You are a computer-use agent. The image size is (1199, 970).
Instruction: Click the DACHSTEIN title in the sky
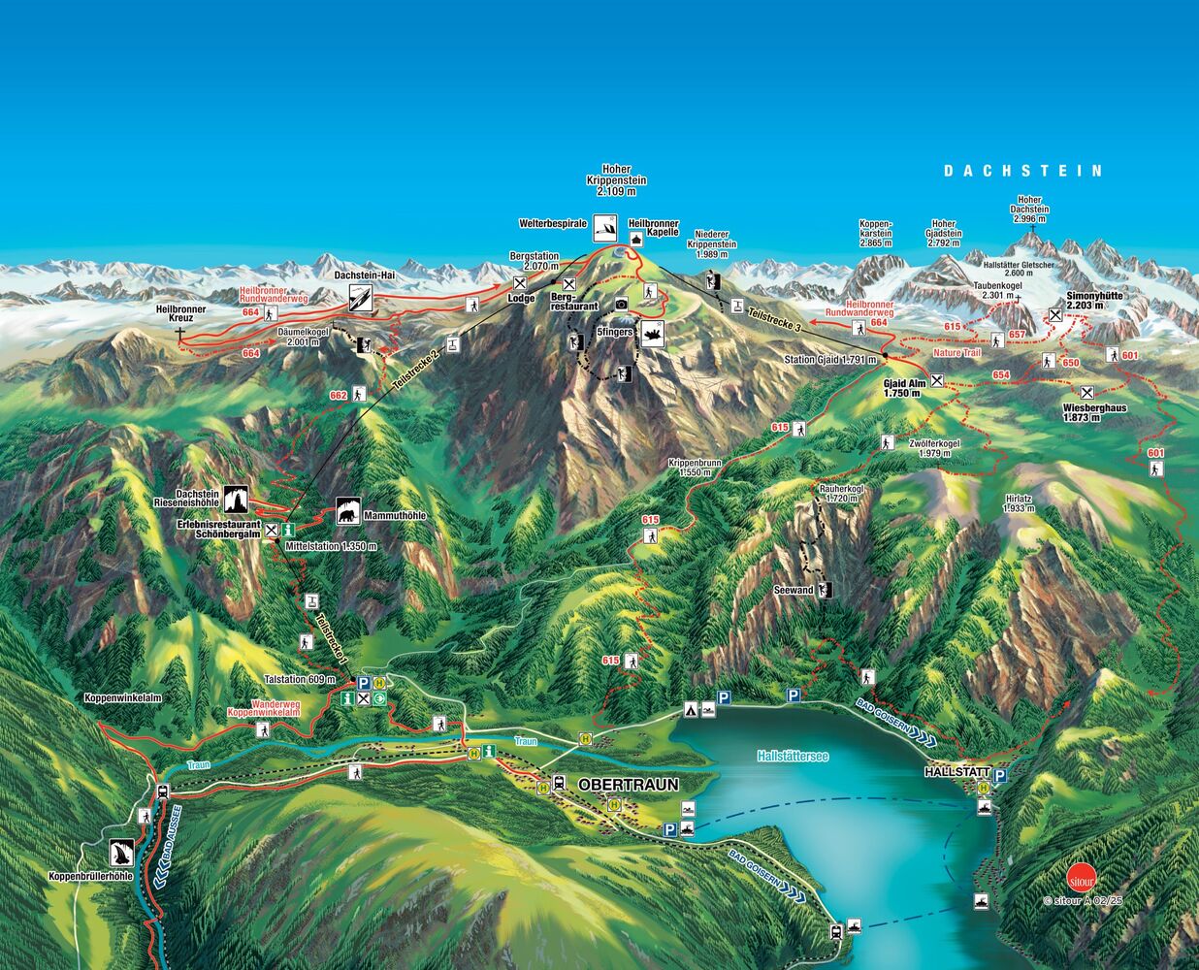point(1023,171)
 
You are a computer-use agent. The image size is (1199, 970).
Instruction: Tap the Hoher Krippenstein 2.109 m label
point(616,180)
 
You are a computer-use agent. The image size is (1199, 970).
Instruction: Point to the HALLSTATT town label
point(956,773)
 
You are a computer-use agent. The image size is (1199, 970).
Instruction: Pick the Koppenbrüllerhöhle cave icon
point(121,853)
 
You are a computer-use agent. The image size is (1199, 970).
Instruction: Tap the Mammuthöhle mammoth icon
point(348,510)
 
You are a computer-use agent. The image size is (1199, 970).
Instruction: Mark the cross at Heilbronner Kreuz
point(180,333)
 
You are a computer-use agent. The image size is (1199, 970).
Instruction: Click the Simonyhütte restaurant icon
point(1054,315)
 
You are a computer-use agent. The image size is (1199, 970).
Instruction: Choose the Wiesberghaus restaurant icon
point(1087,393)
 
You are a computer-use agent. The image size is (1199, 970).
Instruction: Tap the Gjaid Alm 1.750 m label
point(902,387)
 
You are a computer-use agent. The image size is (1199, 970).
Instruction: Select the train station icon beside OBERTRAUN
point(560,783)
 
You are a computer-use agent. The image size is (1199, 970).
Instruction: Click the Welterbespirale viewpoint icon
point(605,225)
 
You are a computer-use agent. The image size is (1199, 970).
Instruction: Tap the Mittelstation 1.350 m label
point(331,546)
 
